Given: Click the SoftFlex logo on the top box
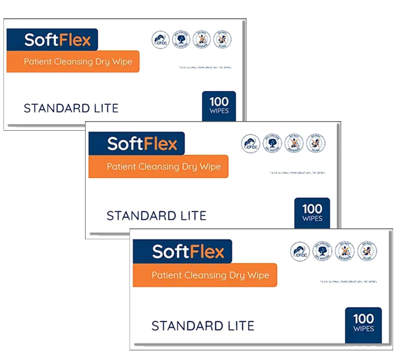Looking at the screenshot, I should point(57,40).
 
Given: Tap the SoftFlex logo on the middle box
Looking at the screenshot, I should point(142,143).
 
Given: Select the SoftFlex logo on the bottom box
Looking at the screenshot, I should point(188,251).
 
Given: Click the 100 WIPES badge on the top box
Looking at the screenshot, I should point(219,105).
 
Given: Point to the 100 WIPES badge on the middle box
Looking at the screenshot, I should point(312,212).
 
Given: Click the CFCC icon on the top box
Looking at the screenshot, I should point(160,40).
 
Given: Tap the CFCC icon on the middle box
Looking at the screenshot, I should point(250,143).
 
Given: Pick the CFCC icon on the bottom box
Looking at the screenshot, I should point(299,251).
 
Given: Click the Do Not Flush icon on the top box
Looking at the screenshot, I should point(222,39).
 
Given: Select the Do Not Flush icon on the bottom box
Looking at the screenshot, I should point(367,251).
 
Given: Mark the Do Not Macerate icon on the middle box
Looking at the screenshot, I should point(294,143).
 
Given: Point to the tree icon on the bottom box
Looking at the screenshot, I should point(322,251).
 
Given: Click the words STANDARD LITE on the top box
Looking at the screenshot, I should point(71,108).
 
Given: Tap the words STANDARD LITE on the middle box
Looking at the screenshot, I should point(156,215).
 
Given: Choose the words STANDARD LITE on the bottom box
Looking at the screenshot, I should point(202,326).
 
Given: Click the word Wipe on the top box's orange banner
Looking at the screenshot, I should point(122,61).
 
